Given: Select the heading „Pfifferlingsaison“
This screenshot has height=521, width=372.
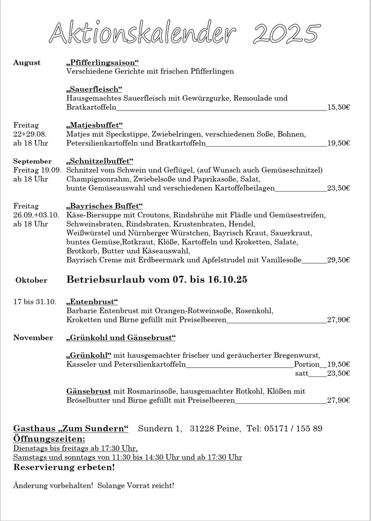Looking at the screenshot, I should pyautogui.click(x=102, y=63).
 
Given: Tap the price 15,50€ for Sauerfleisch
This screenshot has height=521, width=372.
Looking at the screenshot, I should pyautogui.click(x=338, y=108).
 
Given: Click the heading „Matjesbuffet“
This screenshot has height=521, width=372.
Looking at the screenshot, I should pyautogui.click(x=95, y=125).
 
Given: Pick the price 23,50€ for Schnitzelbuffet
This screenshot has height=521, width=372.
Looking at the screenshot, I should pyautogui.click(x=338, y=188).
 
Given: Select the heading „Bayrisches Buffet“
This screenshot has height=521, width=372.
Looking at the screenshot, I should pyautogui.click(x=105, y=206).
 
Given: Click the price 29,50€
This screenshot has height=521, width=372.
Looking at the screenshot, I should pyautogui.click(x=338, y=260).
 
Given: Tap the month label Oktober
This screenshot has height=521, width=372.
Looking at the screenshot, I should pyautogui.click(x=31, y=280).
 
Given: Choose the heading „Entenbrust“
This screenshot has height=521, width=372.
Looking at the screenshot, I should pyautogui.click(x=92, y=302).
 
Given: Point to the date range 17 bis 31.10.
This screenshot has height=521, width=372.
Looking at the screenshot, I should pyautogui.click(x=35, y=302).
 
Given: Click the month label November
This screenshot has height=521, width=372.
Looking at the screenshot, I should pyautogui.click(x=33, y=338).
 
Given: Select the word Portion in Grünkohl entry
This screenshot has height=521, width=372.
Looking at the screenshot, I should pyautogui.click(x=307, y=364).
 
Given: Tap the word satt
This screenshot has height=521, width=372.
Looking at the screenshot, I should pyautogui.click(x=302, y=373).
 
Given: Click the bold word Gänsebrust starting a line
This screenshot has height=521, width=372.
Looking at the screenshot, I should pyautogui.click(x=88, y=391).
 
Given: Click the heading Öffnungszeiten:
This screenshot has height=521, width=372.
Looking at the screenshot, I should pyautogui.click(x=49, y=439).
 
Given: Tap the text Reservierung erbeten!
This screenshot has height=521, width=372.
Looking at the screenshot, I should pyautogui.click(x=64, y=467).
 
